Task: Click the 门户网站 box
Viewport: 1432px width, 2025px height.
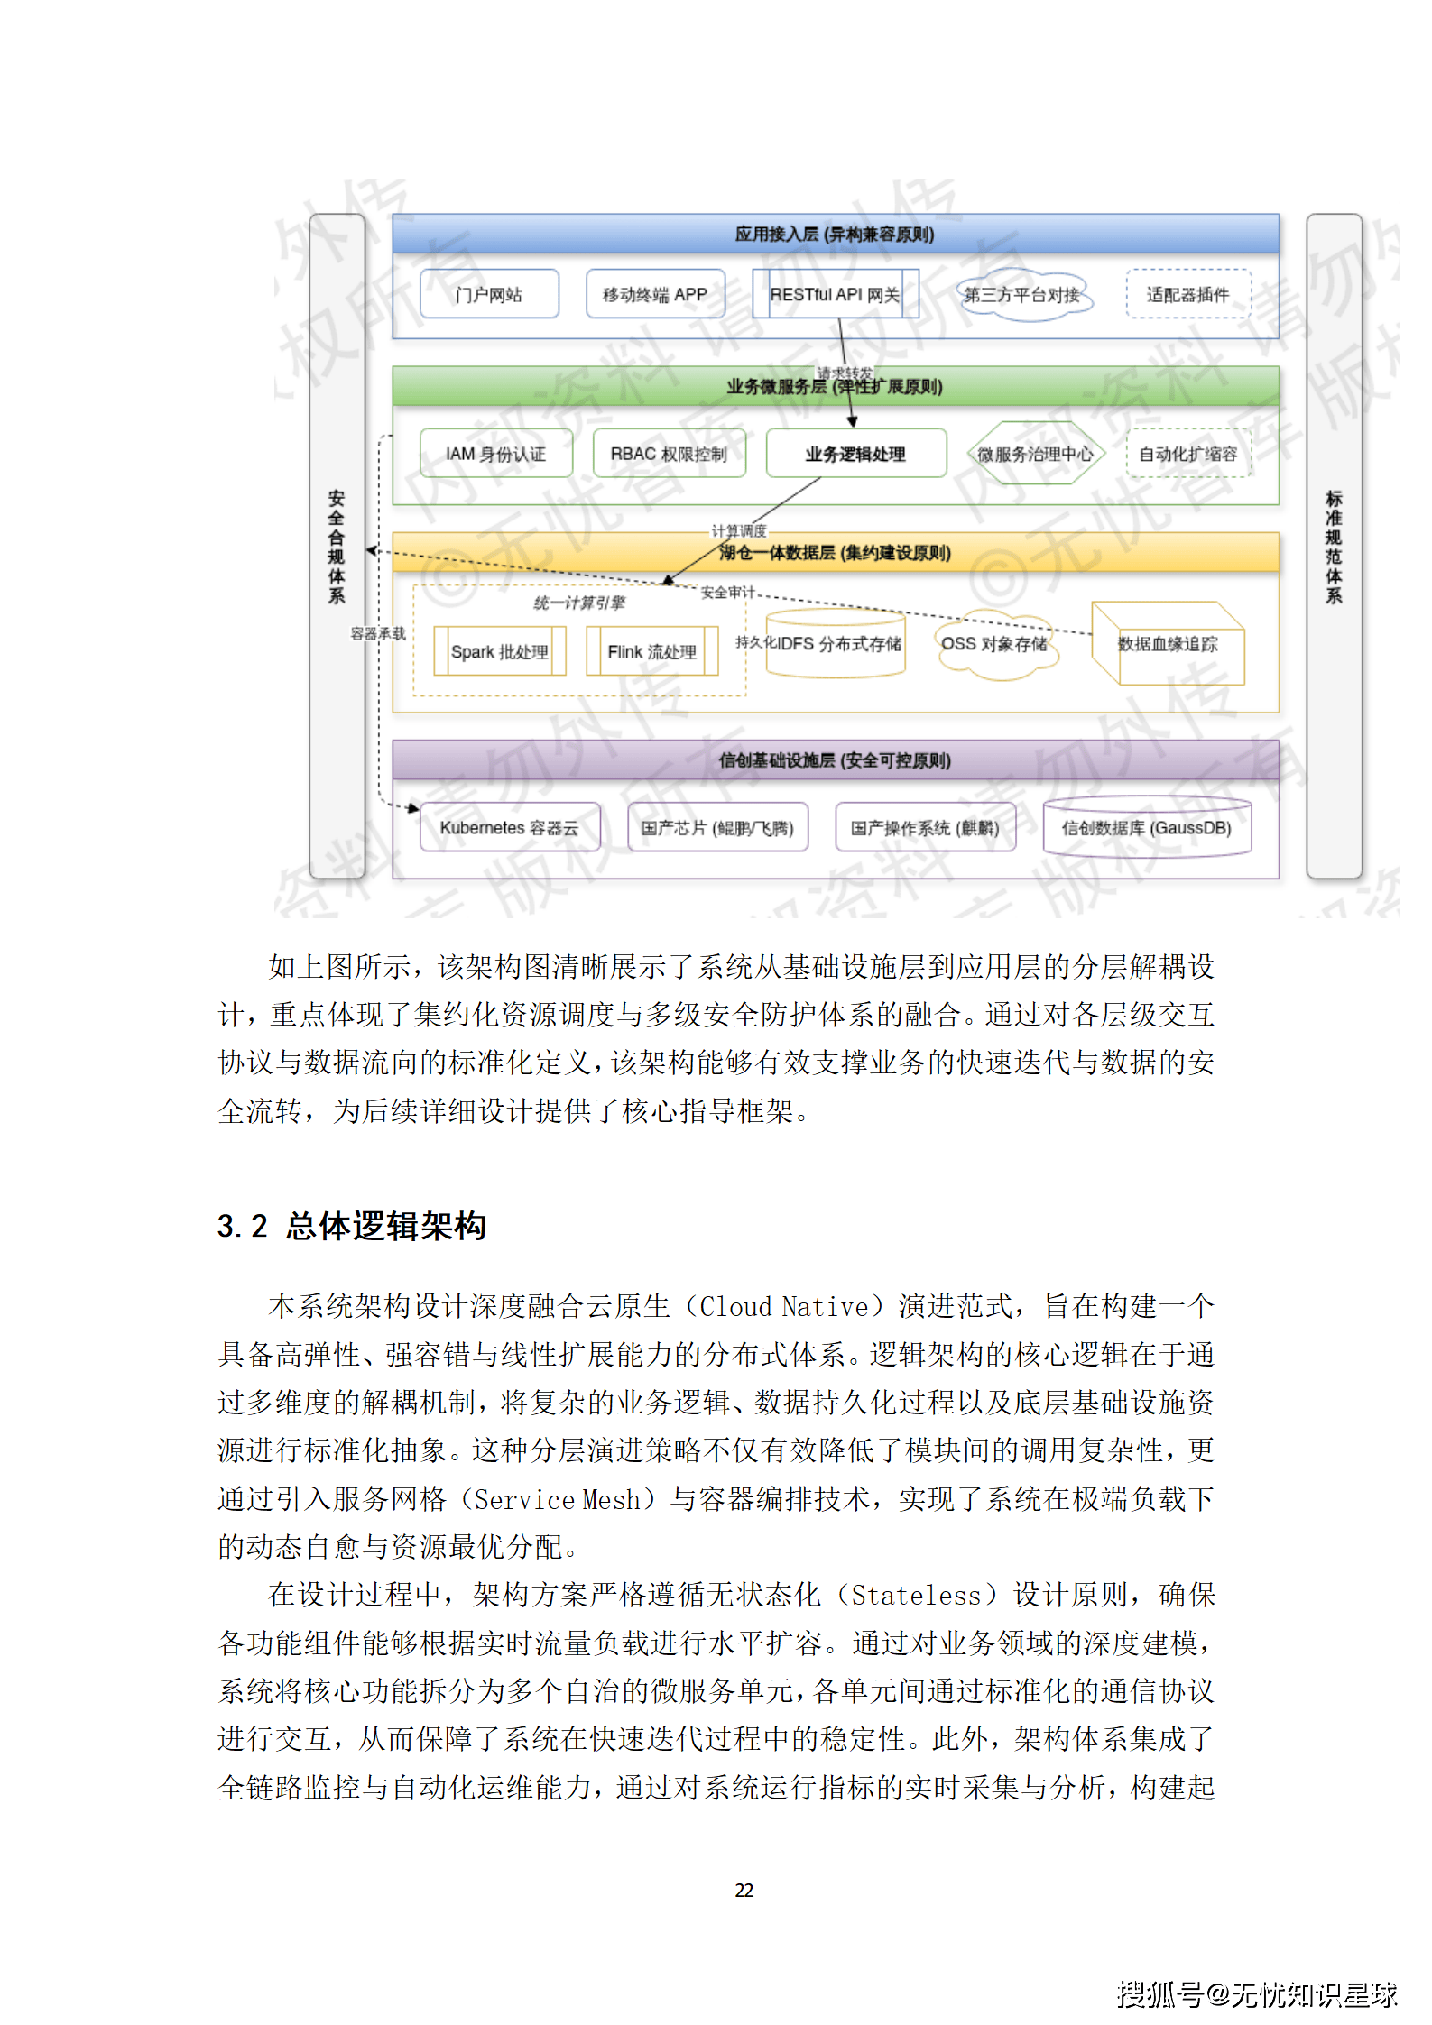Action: (489, 294)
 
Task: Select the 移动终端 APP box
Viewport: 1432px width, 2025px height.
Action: (655, 294)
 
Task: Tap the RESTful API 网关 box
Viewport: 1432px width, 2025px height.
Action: (835, 294)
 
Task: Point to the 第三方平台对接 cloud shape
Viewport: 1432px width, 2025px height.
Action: (1022, 294)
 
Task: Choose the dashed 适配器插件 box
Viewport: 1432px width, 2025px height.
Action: (1187, 294)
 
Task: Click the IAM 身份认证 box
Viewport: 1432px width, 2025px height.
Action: (495, 454)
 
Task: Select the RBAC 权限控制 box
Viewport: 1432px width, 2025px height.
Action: (669, 454)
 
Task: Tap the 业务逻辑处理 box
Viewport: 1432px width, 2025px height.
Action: (855, 454)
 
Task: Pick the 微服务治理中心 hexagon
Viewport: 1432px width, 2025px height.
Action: (1035, 454)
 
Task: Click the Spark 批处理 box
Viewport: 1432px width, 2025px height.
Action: (499, 651)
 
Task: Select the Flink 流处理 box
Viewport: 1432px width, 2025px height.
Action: (651, 651)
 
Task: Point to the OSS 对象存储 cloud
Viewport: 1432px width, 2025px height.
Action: (994, 644)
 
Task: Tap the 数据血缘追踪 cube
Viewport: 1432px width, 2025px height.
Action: (1168, 644)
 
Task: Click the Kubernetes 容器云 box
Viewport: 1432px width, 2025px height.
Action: (509, 827)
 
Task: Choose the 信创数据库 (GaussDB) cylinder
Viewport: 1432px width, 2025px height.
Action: (1146, 827)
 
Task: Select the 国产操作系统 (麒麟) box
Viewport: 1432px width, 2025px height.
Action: (925, 827)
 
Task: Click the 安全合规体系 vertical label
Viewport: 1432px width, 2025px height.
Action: (337, 547)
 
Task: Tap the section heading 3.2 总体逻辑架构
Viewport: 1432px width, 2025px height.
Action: (352, 1226)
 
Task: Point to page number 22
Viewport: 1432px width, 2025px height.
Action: (744, 1890)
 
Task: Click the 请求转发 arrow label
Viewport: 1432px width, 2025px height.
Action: (845, 373)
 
